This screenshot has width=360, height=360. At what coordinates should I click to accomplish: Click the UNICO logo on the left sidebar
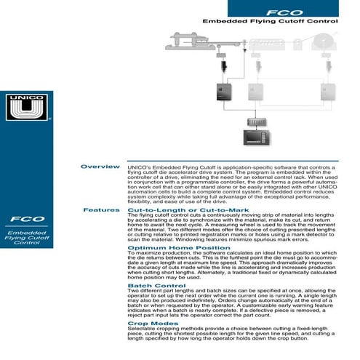click(x=27, y=108)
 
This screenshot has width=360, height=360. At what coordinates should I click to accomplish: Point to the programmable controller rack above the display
click(x=257, y=121)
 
